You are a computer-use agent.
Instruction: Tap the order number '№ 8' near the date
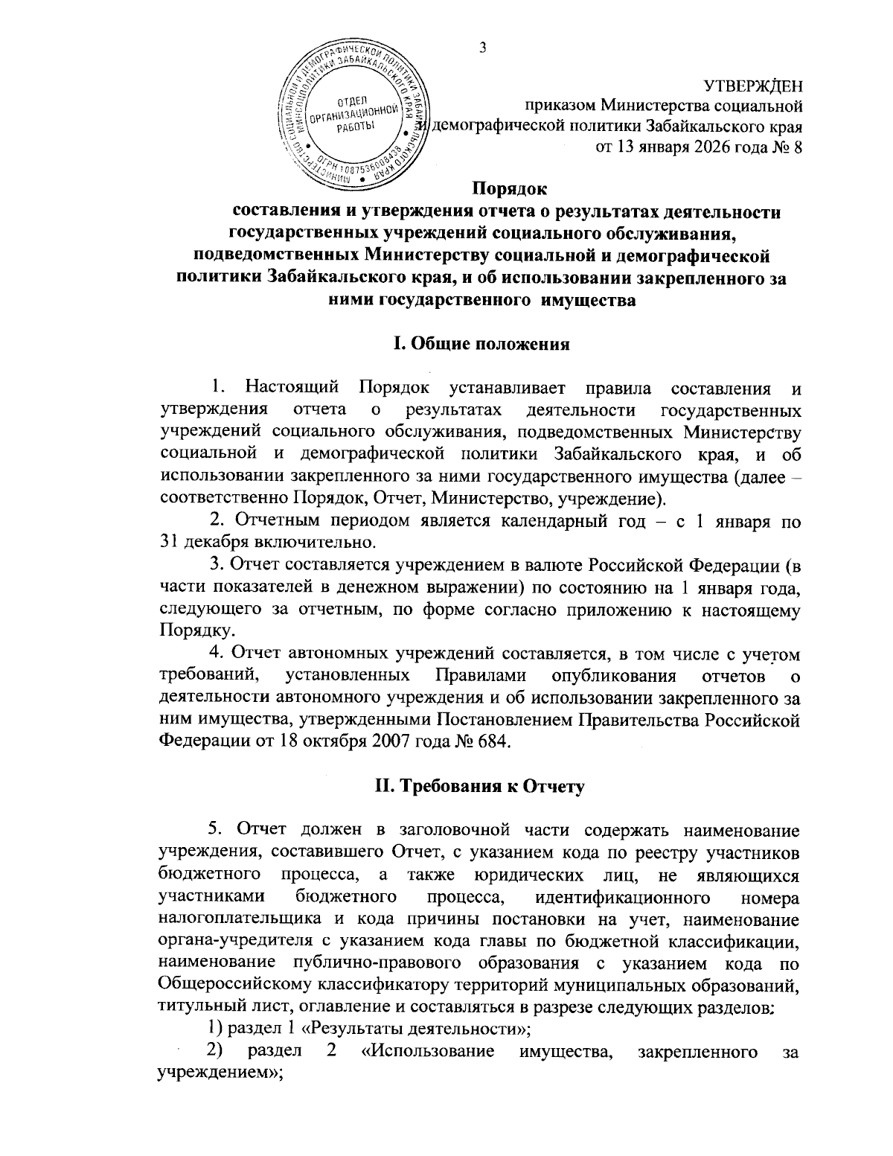(x=787, y=145)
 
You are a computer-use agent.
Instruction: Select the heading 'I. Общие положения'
(x=481, y=345)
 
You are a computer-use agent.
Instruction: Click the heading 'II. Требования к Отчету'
(x=481, y=788)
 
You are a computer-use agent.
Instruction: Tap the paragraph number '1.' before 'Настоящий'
(x=217, y=389)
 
